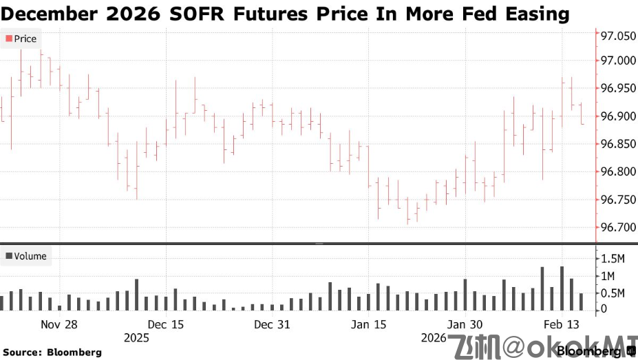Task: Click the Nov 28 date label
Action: pos(59,325)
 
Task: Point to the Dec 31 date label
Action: pos(272,325)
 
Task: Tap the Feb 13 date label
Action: pos(562,325)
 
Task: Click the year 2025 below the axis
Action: pos(136,338)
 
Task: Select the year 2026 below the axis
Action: pos(434,338)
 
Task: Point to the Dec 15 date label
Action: pos(166,325)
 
